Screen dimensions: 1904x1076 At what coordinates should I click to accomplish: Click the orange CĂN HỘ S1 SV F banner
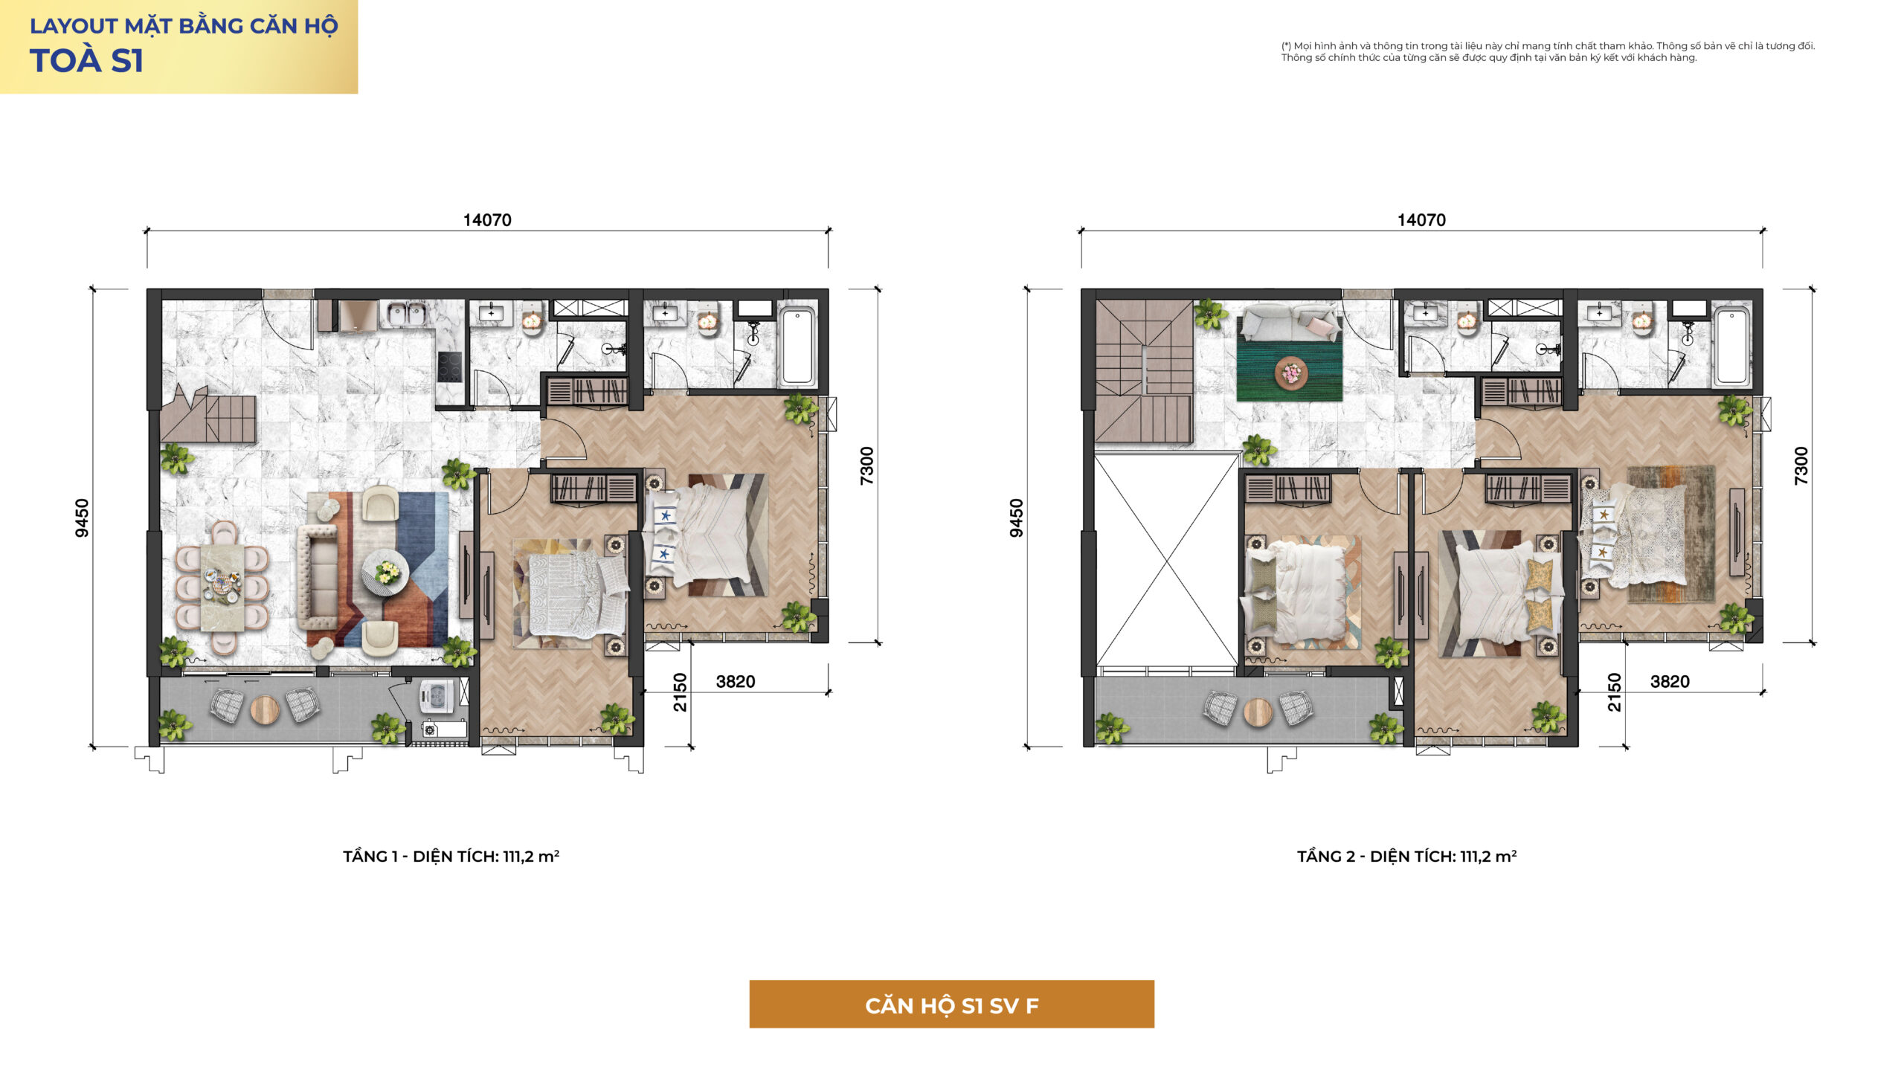951,1004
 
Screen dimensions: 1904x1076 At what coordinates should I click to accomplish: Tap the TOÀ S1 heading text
86,60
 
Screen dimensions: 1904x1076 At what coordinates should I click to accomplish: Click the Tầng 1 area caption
451,856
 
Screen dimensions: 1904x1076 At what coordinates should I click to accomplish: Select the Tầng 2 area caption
1406,856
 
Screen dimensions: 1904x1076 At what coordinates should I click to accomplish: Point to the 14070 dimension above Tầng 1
487,220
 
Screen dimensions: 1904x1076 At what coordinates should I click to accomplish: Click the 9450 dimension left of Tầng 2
1016,518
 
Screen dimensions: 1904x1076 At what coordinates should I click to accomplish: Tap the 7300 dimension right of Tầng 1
866,465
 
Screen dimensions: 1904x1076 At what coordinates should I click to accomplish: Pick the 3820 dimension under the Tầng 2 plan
1670,682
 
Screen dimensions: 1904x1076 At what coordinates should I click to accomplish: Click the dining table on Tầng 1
222,587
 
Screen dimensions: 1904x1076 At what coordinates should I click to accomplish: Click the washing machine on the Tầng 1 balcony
437,697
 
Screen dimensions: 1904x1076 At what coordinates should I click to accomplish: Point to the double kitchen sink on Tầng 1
405,313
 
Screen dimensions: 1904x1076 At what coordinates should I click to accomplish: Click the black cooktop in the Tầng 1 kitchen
449,367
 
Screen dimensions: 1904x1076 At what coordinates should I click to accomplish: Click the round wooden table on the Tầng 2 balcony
1258,712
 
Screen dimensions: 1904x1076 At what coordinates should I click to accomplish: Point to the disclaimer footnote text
1548,51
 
